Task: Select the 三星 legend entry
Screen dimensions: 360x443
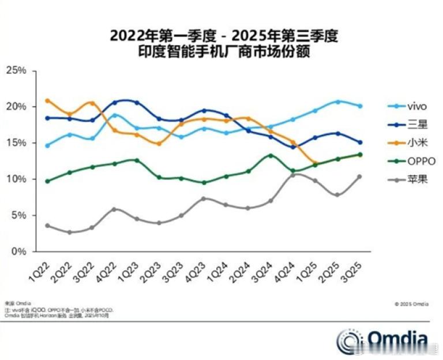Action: click(407, 124)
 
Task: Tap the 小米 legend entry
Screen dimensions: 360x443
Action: click(407, 142)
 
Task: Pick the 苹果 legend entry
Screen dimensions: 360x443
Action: click(407, 179)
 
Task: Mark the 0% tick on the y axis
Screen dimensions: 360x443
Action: click(18, 252)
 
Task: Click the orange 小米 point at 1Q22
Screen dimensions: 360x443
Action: click(47, 101)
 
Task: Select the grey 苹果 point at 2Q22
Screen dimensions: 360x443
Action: click(69, 232)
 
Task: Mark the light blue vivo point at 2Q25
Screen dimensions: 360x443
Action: click(338, 102)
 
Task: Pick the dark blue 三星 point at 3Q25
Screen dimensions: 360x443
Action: click(360, 142)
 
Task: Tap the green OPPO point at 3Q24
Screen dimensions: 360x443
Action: click(271, 155)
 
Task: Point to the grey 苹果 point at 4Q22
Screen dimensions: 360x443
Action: click(114, 209)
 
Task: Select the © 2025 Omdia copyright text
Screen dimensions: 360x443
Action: click(411, 303)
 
